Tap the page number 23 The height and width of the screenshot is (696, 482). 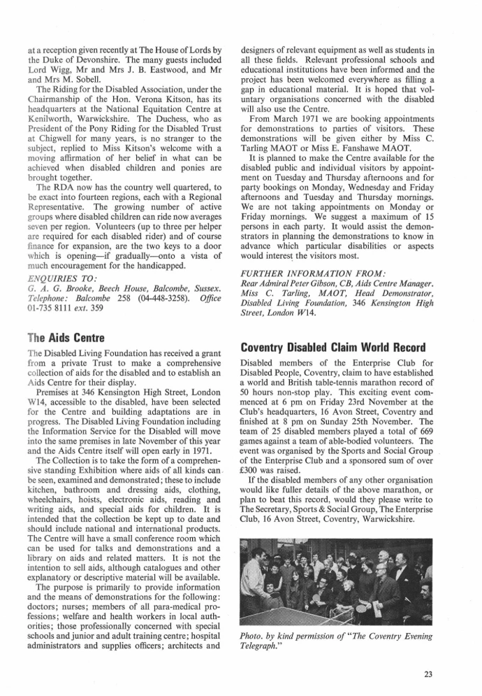(x=429, y=674)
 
